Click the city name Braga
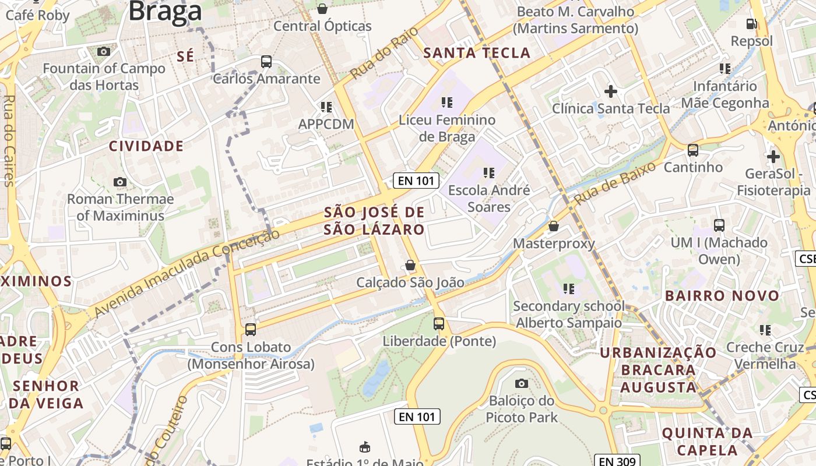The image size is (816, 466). pos(165,10)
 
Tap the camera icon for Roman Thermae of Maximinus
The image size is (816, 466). pos(120,182)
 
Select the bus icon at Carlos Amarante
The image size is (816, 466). pos(266,61)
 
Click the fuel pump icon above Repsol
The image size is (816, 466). pos(752,24)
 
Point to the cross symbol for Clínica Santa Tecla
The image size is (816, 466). pos(611,91)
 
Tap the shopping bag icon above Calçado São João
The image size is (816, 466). pos(410,265)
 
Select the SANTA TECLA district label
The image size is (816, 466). pos(477,53)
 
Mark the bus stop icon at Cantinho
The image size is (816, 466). pos(693,150)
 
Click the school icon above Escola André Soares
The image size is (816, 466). pos(488,172)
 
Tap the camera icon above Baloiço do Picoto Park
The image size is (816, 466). pos(522,383)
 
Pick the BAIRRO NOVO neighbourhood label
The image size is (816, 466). pos(722,295)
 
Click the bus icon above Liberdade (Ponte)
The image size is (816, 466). pos(439,323)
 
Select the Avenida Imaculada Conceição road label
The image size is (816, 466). pos(187,273)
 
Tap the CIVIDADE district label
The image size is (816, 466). pos(146,146)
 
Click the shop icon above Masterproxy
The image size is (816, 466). pos(554,225)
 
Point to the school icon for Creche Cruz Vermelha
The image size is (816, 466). pos(765,330)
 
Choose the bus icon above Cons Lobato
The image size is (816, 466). pos(251,329)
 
